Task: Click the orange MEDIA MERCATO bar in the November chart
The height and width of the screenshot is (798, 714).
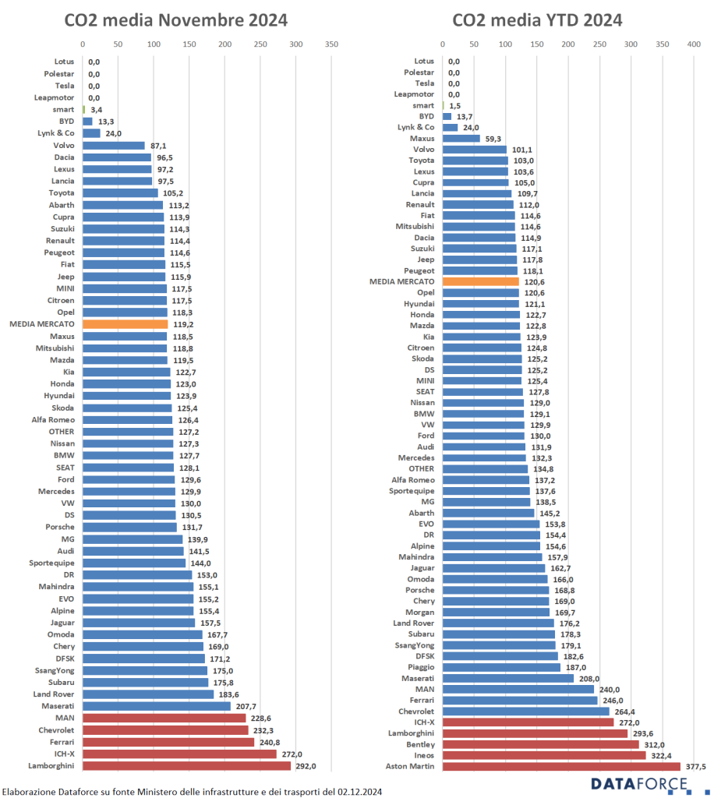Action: click(x=125, y=324)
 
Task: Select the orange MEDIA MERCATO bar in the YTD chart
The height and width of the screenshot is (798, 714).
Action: click(x=480, y=281)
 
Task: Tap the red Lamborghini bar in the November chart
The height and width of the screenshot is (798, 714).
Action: click(x=186, y=766)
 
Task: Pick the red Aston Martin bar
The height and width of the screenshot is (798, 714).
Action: click(x=561, y=767)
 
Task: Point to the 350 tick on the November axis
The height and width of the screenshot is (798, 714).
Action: click(x=331, y=44)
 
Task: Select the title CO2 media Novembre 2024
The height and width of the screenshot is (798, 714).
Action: click(x=175, y=19)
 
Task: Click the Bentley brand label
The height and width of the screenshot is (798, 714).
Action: click(x=420, y=744)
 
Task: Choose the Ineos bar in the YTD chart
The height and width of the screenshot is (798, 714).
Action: click(x=544, y=755)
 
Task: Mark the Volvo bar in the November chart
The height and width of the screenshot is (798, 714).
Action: click(x=114, y=146)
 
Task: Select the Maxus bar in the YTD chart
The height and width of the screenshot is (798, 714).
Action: click(x=461, y=139)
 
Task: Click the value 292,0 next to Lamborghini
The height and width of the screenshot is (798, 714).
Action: click(x=306, y=766)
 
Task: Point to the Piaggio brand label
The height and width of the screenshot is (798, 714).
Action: click(x=421, y=667)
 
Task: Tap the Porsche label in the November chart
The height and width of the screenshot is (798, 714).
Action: click(x=60, y=528)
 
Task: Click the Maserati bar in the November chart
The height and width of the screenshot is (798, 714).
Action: click(x=157, y=706)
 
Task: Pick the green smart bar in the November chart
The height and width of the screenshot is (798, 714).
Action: click(x=83, y=110)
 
